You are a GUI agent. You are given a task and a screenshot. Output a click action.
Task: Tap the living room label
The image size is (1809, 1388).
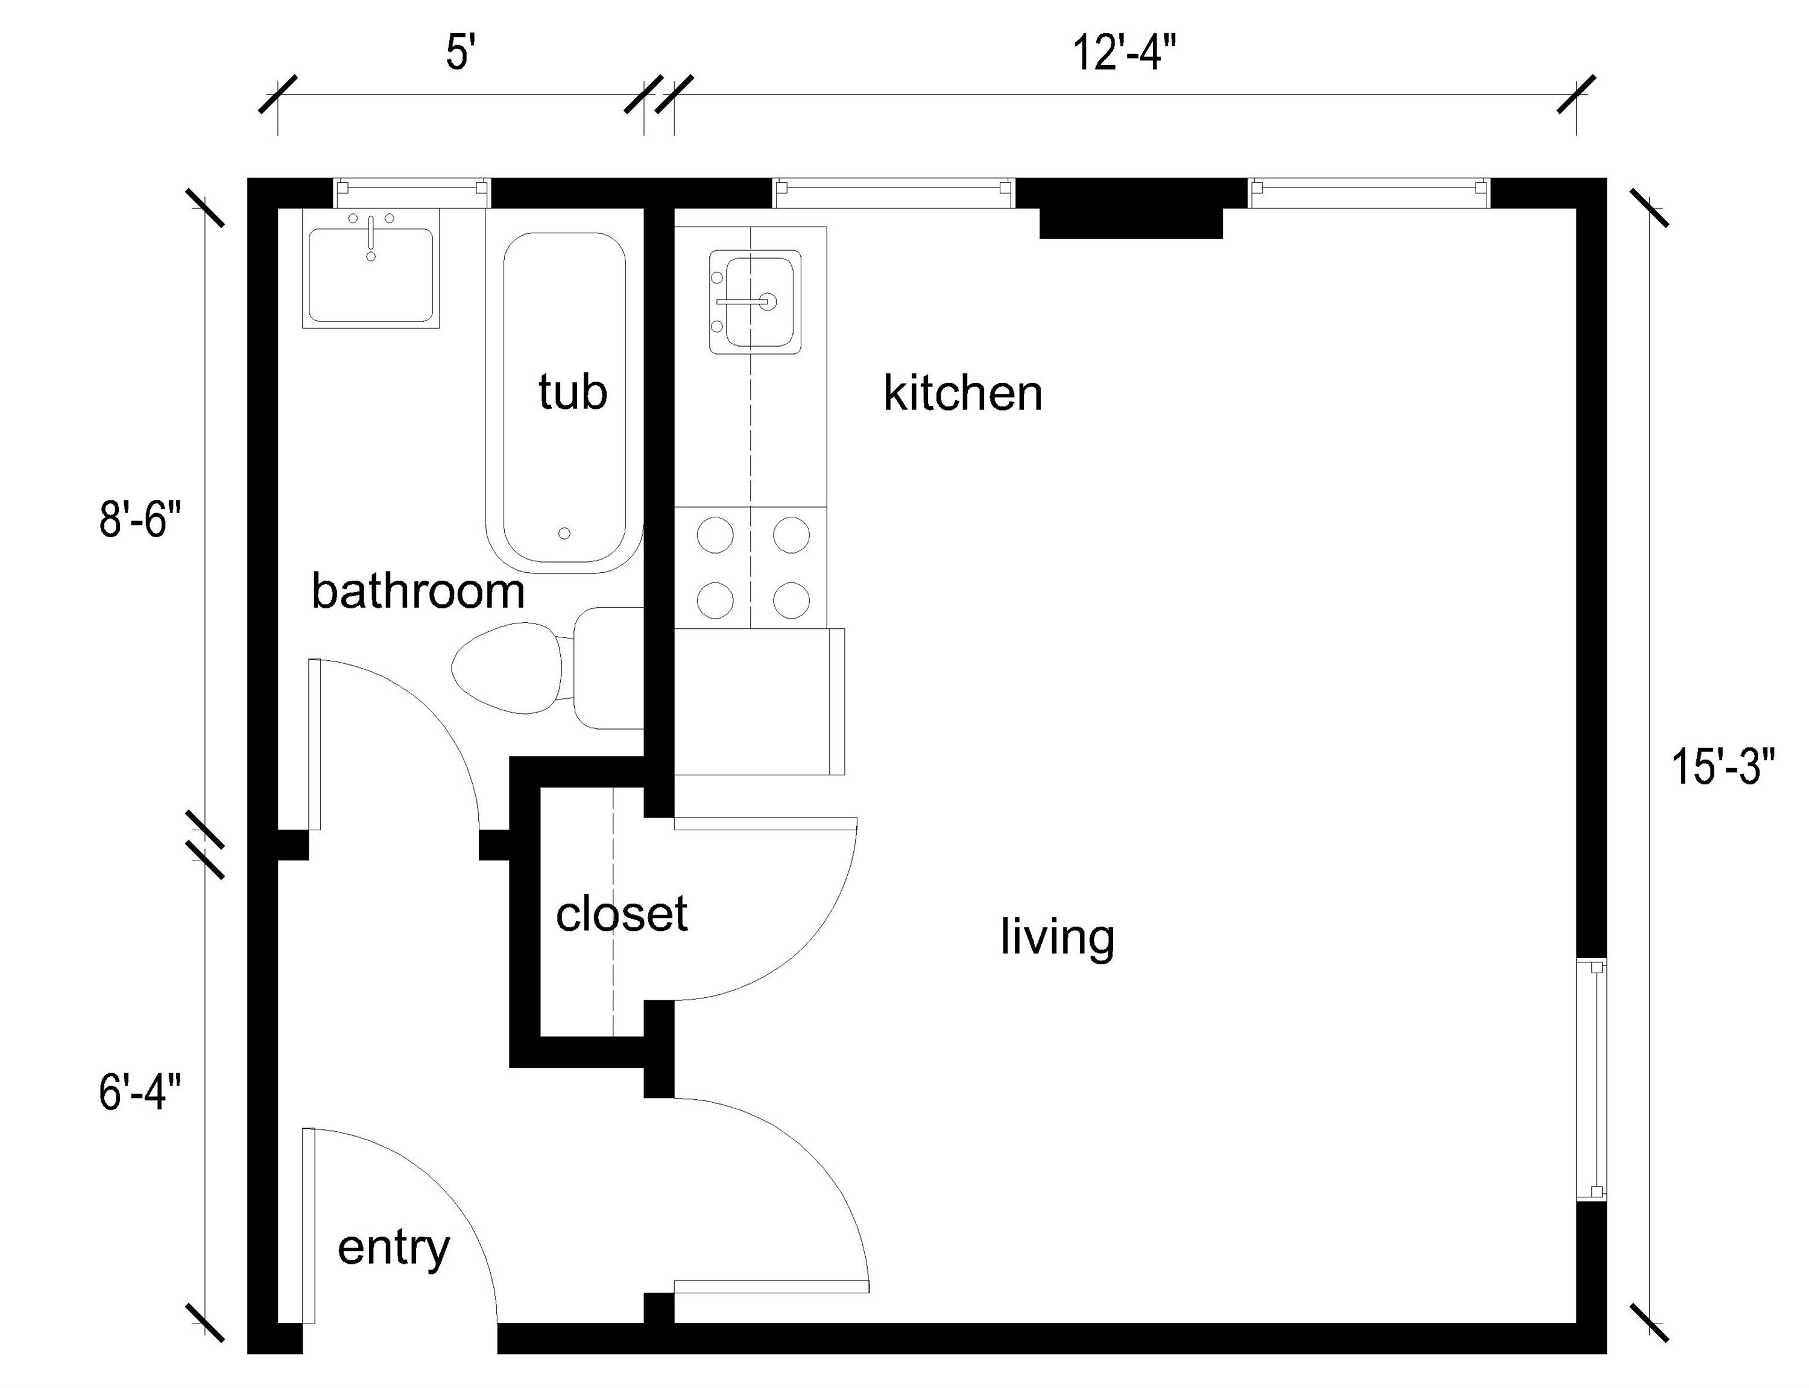pos(1057,937)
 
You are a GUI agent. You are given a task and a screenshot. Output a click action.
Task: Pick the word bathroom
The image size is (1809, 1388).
pos(418,591)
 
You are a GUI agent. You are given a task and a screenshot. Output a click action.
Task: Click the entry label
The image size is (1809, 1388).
pos(393,1248)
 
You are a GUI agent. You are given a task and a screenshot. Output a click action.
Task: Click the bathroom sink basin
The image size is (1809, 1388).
pos(371,275)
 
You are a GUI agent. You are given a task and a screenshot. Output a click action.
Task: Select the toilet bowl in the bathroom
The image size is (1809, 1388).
pos(505,669)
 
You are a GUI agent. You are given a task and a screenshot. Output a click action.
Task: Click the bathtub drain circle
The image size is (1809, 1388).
pos(564,534)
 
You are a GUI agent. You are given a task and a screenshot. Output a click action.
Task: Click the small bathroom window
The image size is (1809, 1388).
pos(411,192)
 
